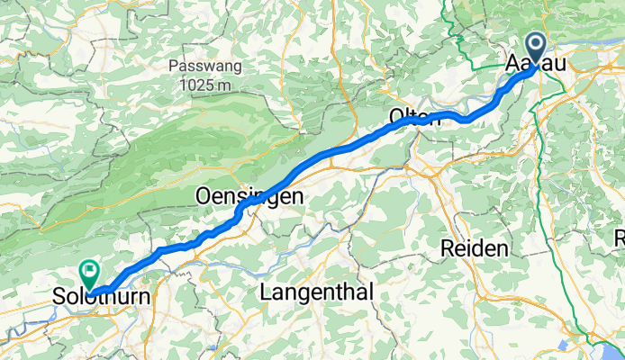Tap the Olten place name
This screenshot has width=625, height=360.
(x=414, y=118)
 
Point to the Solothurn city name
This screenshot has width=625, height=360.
(x=99, y=296)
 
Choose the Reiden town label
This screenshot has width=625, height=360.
(x=475, y=247)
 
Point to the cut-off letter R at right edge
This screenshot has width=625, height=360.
(x=620, y=238)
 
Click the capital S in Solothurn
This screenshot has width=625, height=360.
(x=59, y=296)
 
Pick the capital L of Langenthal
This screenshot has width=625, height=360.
(x=266, y=292)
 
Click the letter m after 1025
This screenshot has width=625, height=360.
(x=228, y=84)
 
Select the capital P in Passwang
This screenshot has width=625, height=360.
(x=174, y=67)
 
